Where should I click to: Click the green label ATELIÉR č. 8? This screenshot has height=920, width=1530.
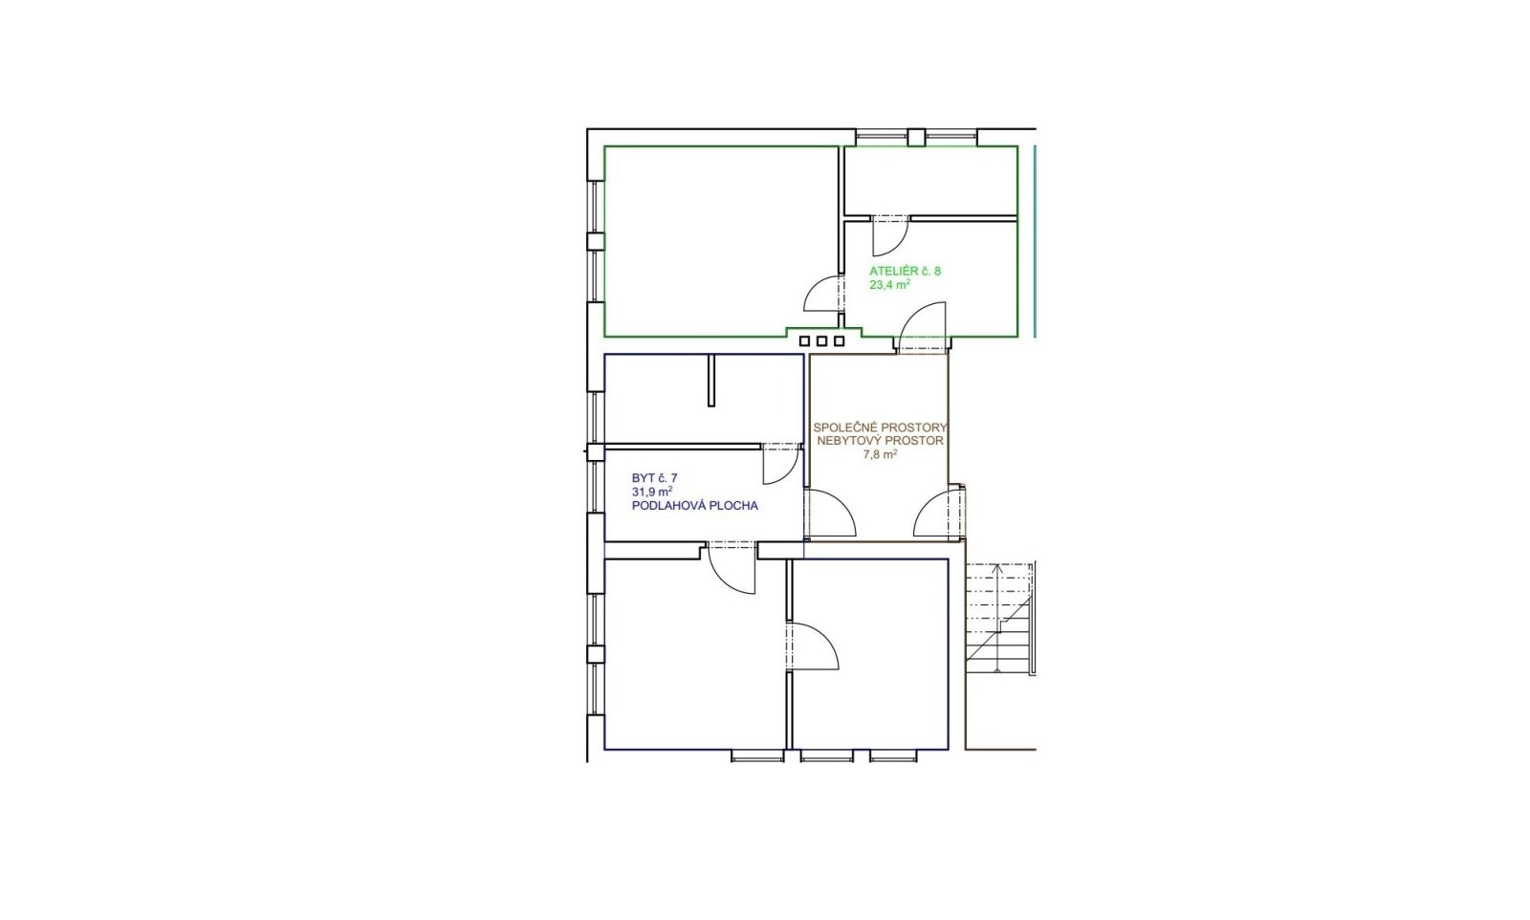[905, 272]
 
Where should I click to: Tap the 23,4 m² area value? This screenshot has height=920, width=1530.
[889, 285]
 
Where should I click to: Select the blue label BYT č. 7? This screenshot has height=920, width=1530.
[654, 478]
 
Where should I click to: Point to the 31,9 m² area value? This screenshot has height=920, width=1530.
[652, 492]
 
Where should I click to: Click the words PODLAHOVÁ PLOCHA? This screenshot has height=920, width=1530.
[694, 506]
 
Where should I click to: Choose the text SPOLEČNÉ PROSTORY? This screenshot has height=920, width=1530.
[880, 427]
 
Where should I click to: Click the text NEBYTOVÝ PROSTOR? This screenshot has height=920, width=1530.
[880, 441]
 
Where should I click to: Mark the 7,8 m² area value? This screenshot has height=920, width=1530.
[880, 455]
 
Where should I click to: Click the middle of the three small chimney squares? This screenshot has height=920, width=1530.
[821, 340]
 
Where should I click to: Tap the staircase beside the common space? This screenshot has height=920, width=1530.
[998, 618]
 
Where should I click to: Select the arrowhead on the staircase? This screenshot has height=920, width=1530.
[997, 568]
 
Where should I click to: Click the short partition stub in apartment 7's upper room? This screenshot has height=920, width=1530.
[711, 381]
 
